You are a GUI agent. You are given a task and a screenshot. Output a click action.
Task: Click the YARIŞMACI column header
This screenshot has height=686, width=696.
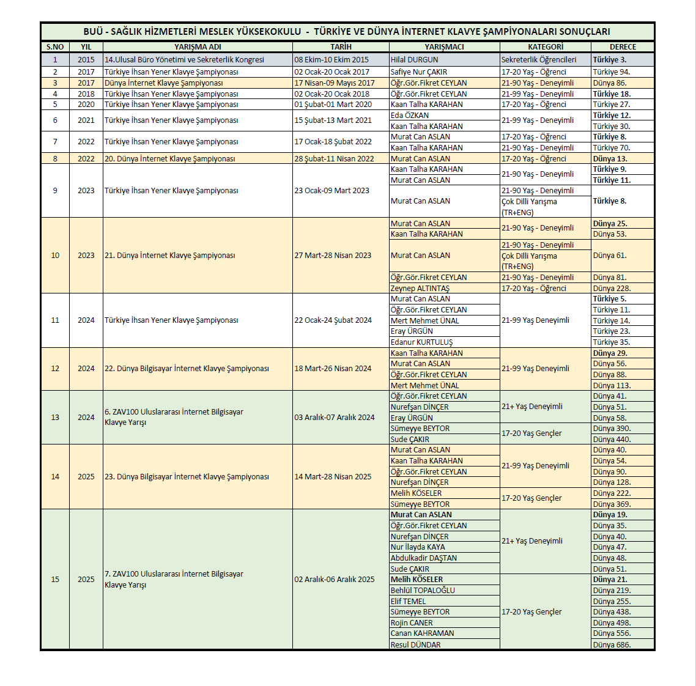coord(444,47)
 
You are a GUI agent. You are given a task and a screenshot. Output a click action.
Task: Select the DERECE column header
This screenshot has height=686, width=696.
coord(623,47)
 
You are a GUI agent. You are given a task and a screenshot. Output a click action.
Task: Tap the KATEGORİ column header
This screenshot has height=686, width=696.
coord(546,47)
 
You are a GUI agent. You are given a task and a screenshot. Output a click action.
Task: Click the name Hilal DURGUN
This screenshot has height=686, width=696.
coord(415,60)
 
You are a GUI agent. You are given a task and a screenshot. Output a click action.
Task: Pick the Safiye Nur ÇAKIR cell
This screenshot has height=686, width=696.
coord(419,72)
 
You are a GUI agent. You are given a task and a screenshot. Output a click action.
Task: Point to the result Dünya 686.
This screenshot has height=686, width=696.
coord(612,644)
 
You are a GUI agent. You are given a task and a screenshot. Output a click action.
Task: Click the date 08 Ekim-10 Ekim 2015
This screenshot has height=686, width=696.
coord(331,60)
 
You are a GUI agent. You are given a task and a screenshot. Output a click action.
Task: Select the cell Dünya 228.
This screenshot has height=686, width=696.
coord(612,289)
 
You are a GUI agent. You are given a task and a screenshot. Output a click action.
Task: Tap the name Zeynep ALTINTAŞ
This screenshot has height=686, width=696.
coord(420,289)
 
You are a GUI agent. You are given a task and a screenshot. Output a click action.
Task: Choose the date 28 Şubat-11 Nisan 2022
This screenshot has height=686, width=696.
coord(334,159)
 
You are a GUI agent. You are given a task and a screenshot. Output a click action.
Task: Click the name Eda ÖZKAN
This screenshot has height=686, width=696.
coord(410,116)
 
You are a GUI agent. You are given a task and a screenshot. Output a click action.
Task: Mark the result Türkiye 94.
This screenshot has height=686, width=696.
coord(611,72)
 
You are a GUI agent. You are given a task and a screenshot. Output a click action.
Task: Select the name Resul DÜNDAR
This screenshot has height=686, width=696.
coord(416,644)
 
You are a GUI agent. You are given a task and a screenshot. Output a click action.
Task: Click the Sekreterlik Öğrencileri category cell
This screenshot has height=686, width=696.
coord(539,60)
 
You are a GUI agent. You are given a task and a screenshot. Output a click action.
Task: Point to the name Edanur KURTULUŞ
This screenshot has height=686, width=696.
coord(422,342)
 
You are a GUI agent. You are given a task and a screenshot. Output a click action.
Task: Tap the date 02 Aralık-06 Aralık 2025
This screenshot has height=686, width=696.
coord(335,580)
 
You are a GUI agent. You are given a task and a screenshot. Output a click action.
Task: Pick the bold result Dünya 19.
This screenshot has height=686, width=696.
coord(610,515)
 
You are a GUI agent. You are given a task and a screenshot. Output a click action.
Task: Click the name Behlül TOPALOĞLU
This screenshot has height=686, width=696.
coord(423,591)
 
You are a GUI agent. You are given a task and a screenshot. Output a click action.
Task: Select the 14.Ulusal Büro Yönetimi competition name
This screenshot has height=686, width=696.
coord(184,60)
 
